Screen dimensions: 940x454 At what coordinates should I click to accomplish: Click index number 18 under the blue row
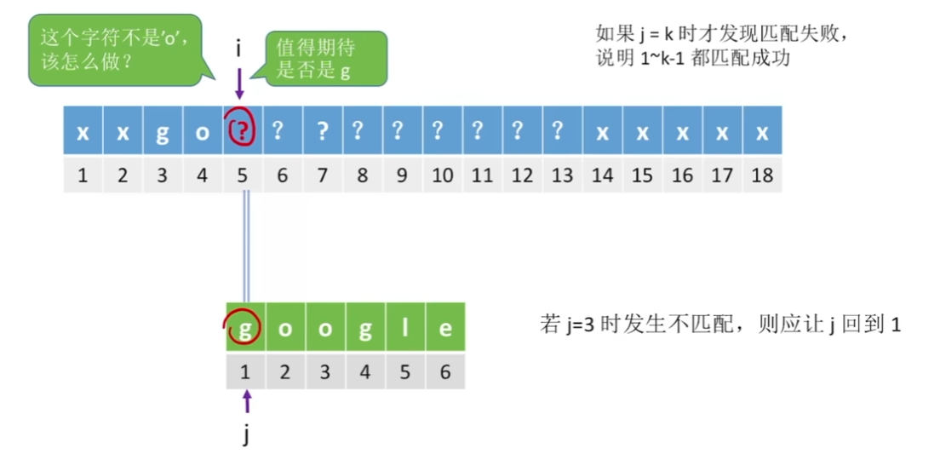(x=762, y=175)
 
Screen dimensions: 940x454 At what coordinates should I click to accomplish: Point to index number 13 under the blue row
(x=562, y=175)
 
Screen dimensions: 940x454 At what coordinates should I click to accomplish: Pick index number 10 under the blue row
(x=442, y=175)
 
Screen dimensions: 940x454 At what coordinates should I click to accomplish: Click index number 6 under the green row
(x=445, y=371)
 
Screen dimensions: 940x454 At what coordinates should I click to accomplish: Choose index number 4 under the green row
(x=365, y=371)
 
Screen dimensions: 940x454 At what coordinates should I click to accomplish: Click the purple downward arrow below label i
(x=240, y=83)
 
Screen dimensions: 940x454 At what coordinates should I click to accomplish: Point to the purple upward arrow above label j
(x=247, y=402)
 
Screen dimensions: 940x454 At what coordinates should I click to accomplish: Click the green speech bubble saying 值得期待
(x=327, y=58)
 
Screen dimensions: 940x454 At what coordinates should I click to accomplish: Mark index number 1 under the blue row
(x=83, y=175)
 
